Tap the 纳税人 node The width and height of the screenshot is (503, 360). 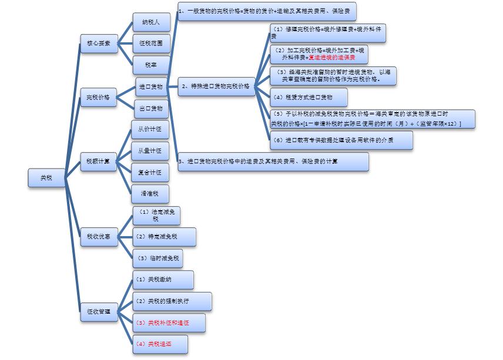pos(151,22)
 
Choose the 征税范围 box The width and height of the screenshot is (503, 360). pos(151,43)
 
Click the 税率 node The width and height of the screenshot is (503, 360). pos(151,64)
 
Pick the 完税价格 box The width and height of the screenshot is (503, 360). pos(98,97)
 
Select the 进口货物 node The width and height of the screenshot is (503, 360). pos(151,87)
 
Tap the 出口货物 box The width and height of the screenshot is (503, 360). pos(151,109)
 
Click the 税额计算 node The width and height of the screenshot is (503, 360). pos(98,161)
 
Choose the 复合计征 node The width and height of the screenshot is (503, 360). pos(150,173)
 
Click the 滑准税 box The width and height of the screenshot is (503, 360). pos(150,193)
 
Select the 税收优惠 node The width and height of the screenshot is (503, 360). pos(98,236)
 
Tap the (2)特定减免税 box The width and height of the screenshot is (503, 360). pos(164,237)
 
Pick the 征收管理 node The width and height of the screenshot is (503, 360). pos(99,311)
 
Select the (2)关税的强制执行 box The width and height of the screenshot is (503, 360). pos(172,301)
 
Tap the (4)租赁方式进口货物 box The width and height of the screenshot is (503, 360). pos(308,97)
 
